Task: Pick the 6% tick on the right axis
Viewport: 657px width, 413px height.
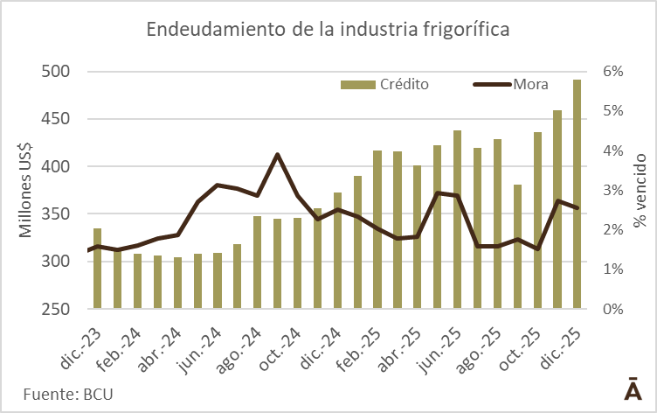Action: click(610, 72)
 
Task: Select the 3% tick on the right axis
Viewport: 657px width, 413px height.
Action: click(610, 190)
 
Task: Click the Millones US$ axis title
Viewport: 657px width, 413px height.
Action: click(26, 190)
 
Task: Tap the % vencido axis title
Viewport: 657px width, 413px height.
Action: click(640, 190)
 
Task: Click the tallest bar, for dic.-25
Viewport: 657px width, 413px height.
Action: click(577, 194)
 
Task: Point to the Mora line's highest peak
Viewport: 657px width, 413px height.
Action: click(277, 155)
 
